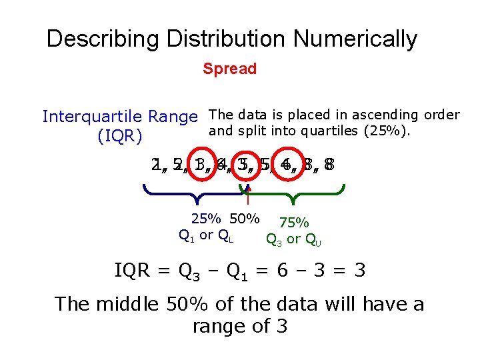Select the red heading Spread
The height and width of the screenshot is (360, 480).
230,69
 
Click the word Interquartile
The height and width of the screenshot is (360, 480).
91,117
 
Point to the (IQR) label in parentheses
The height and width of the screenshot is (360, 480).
120,137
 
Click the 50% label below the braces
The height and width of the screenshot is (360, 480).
244,218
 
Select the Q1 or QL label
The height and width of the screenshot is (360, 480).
205,235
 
